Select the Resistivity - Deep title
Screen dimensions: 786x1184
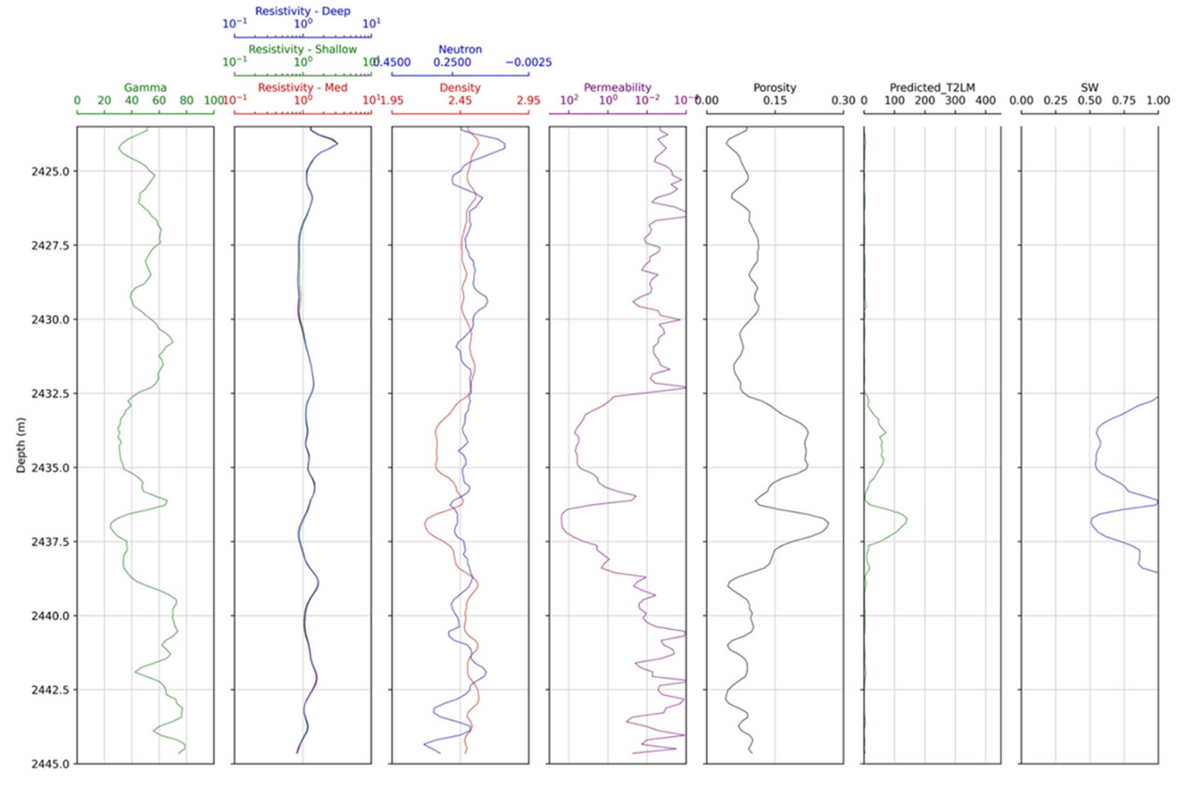pyautogui.click(x=303, y=11)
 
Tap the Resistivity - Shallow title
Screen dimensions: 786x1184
pyautogui.click(x=303, y=49)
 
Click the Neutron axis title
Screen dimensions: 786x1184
pyautogui.click(x=460, y=49)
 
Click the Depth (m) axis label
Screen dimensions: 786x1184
pyautogui.click(x=20, y=445)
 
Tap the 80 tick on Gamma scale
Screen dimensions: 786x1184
pyautogui.click(x=187, y=100)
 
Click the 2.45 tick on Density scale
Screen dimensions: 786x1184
pyautogui.click(x=460, y=100)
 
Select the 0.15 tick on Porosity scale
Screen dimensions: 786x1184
pyautogui.click(x=775, y=100)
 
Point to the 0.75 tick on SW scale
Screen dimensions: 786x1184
pyautogui.click(x=1124, y=100)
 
